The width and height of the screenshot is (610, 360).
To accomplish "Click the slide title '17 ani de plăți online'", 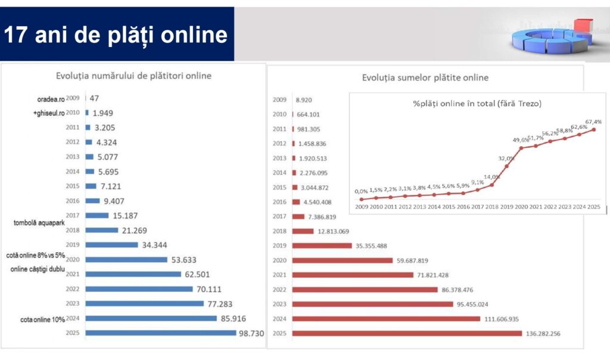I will tap(116, 35).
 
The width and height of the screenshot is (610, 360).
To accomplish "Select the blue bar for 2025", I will tap(161, 333).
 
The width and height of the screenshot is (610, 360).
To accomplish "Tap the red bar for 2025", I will tap(407, 333).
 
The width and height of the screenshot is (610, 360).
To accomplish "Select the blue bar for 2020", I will tap(126, 259).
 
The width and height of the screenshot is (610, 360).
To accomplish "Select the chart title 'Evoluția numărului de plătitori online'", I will tap(133, 76).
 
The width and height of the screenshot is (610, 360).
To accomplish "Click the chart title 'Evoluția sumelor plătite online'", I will tap(425, 77).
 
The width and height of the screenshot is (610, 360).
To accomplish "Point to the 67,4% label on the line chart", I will tap(593, 121).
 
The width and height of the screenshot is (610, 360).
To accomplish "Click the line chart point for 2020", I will tap(521, 148).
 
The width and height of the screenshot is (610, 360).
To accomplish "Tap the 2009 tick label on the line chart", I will tap(361, 207).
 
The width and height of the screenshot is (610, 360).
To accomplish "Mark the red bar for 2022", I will tap(365, 289).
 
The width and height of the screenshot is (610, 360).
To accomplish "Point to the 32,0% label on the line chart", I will tap(506, 159).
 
